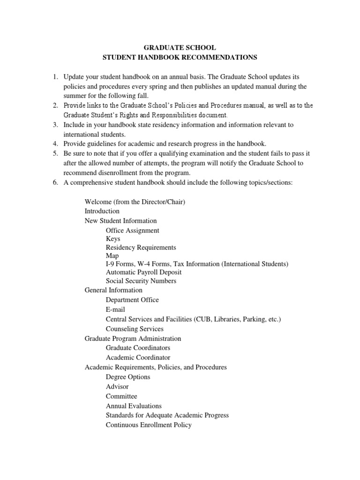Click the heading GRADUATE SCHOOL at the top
click(x=180, y=48)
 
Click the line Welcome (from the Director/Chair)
click(x=135, y=202)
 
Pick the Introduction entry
click(x=102, y=211)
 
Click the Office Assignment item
click(x=132, y=230)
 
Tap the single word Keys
click(x=113, y=239)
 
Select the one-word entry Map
click(x=112, y=256)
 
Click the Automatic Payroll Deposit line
click(x=143, y=272)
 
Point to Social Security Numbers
click(x=141, y=281)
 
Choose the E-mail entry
click(x=115, y=309)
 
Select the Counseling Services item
click(x=135, y=329)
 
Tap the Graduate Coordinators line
click(x=138, y=348)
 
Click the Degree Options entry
click(x=128, y=377)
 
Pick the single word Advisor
click(x=117, y=387)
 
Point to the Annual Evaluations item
click(x=134, y=406)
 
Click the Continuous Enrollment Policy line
click(x=149, y=425)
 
